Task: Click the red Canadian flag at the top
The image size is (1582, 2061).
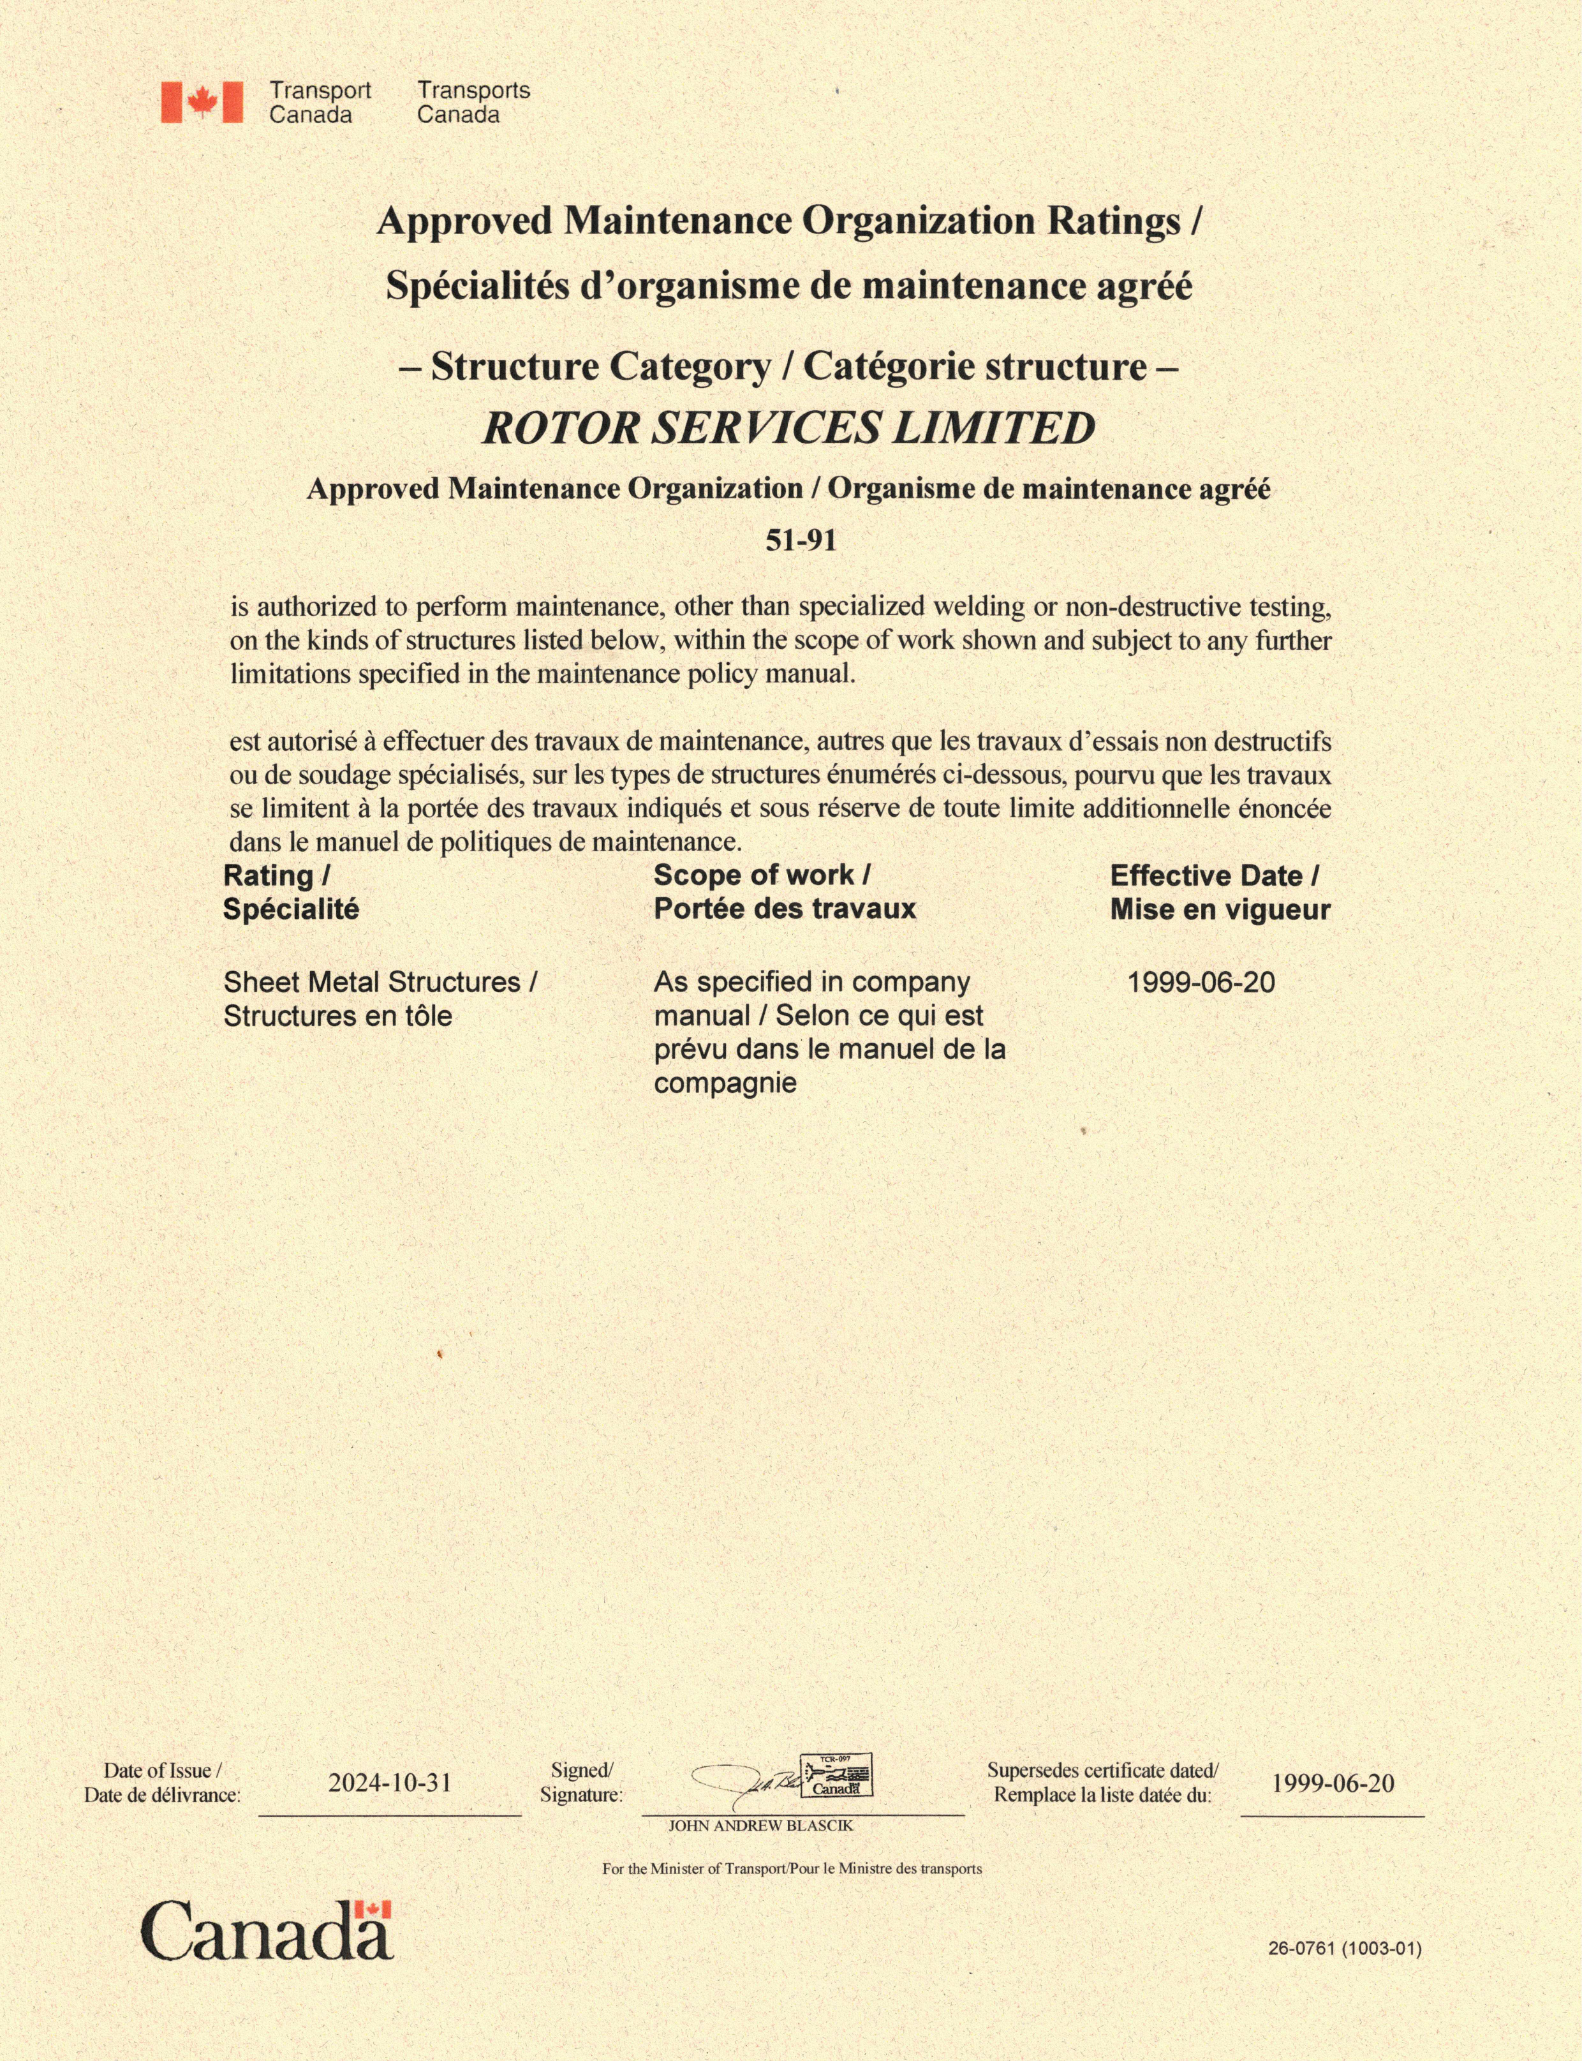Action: click(x=202, y=101)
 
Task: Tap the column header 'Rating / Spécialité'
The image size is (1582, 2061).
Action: click(x=290, y=892)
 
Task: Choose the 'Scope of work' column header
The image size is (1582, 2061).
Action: click(x=785, y=892)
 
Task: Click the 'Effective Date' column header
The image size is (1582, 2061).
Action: click(x=1220, y=892)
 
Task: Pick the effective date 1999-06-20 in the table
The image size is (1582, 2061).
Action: click(x=1201, y=983)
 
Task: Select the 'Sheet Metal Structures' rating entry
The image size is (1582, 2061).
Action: click(x=380, y=999)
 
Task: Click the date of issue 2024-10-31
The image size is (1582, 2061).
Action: click(x=390, y=1782)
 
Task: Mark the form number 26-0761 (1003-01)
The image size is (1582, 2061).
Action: click(x=1344, y=1948)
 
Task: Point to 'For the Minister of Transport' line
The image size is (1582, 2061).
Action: click(x=792, y=1869)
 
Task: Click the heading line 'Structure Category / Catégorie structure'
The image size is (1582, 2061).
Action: click(x=789, y=366)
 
